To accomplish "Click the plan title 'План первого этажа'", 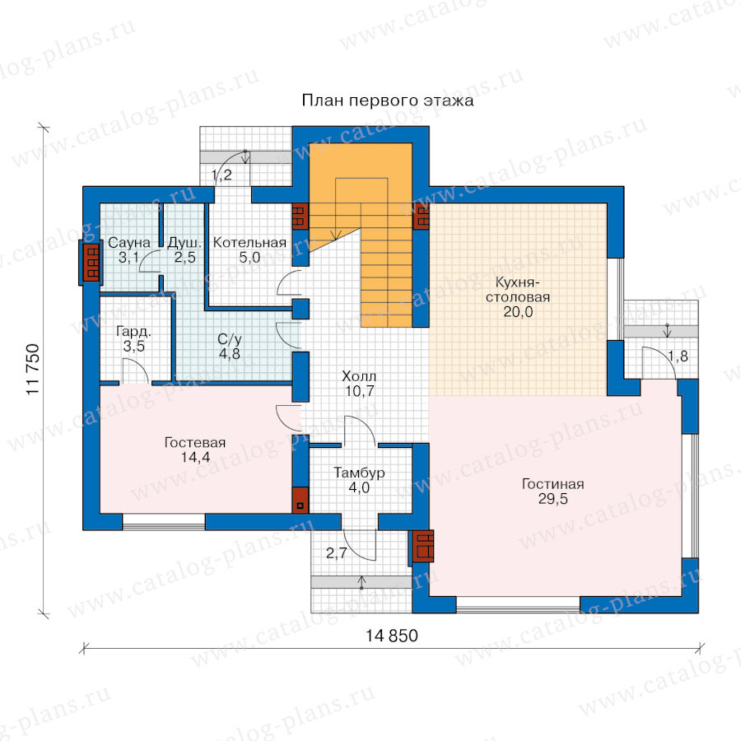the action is point(388,100).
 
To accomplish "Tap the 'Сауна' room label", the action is point(129,243).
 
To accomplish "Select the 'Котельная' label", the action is point(249,243).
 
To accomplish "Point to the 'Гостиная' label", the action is point(553,484).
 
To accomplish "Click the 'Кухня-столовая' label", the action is point(518,290).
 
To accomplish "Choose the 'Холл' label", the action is point(359,376).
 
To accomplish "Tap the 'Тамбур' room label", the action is point(359,473).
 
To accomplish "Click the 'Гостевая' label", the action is point(194,443).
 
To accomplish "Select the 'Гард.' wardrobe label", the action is point(133,332).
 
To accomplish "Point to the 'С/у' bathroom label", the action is point(229,339).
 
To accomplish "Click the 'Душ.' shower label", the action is point(184,243).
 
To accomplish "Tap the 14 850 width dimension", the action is point(392,636).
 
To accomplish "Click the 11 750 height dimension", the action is point(33,370).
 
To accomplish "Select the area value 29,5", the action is point(553,499).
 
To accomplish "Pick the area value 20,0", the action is point(518,312).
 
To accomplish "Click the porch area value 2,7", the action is point(337,553).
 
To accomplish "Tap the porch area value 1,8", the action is point(678,357).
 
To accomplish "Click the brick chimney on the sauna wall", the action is point(91,263).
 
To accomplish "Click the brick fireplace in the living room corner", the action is point(422,547).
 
